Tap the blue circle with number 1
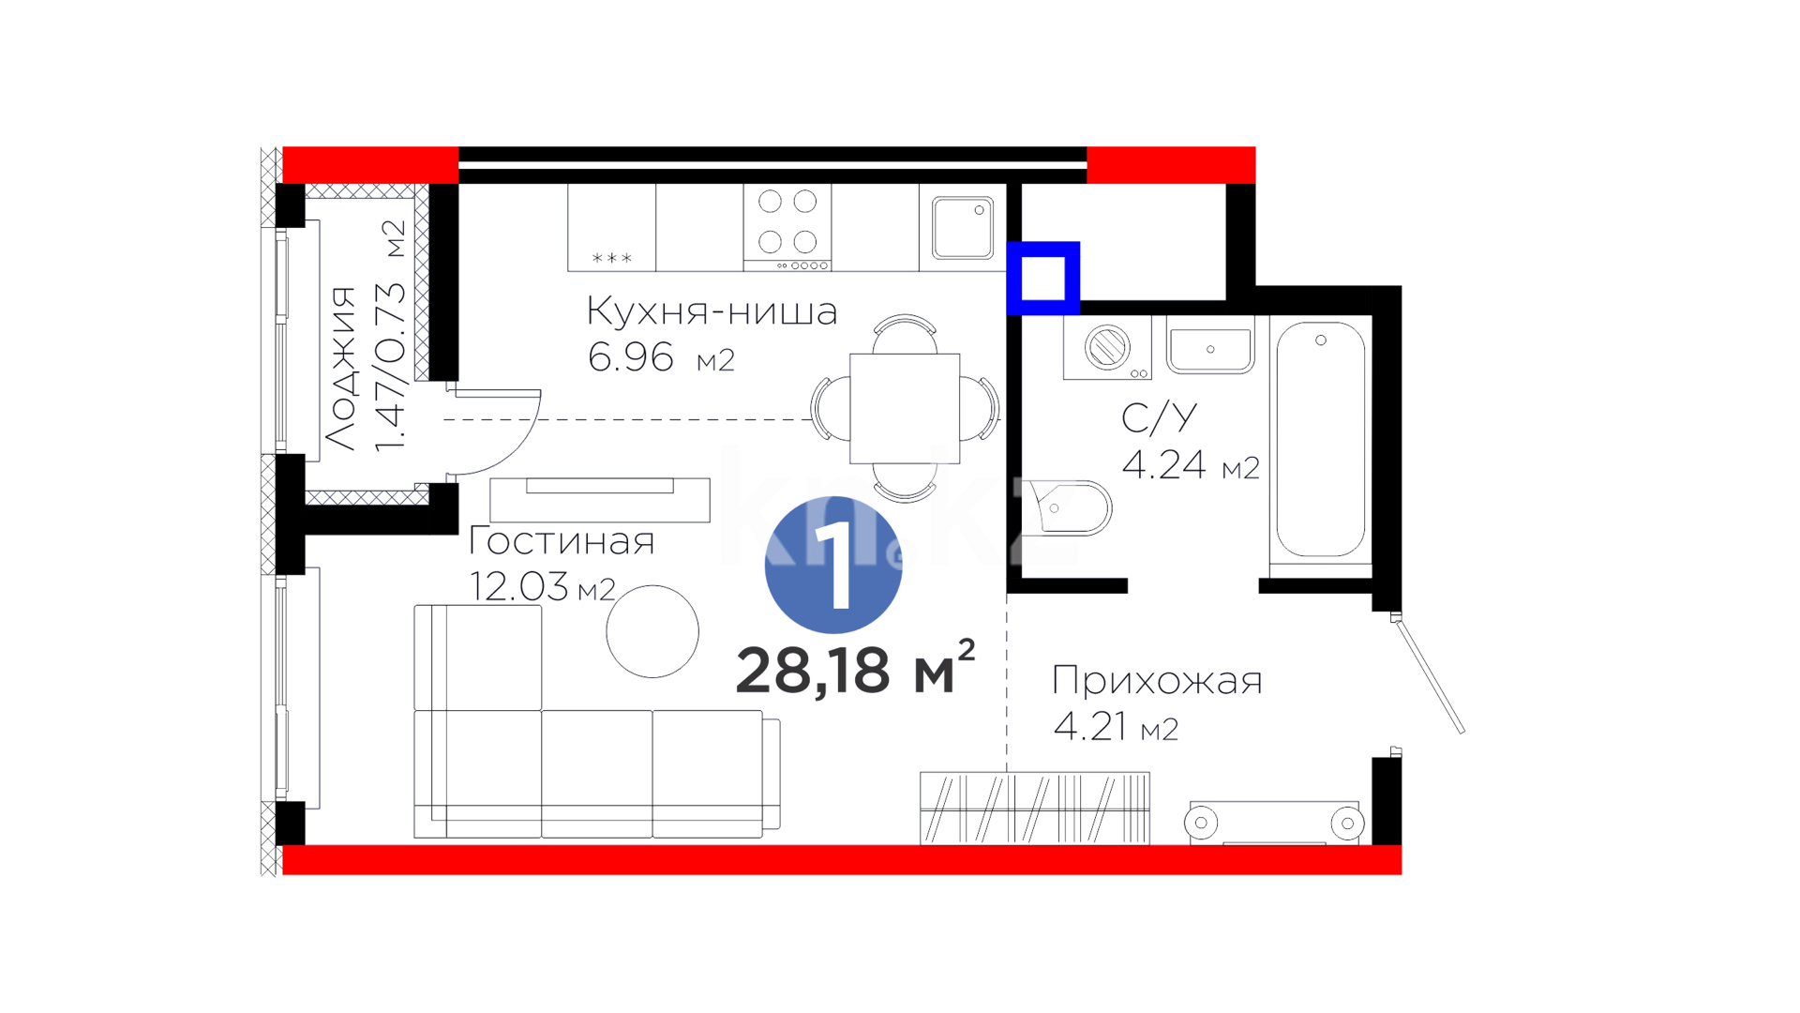(833, 565)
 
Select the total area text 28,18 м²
(855, 669)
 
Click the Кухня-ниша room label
(712, 311)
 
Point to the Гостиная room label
(562, 541)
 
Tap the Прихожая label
(1157, 681)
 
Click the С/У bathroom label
(1160, 417)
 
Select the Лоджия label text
(340, 368)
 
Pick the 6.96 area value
(631, 357)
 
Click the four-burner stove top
(787, 227)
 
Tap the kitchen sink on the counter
(963, 227)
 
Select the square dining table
(905, 408)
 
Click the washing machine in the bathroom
(1107, 347)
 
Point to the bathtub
(1320, 441)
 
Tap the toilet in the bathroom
(1069, 507)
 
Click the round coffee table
(652, 631)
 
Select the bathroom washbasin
(1210, 344)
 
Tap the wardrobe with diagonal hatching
(1035, 808)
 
